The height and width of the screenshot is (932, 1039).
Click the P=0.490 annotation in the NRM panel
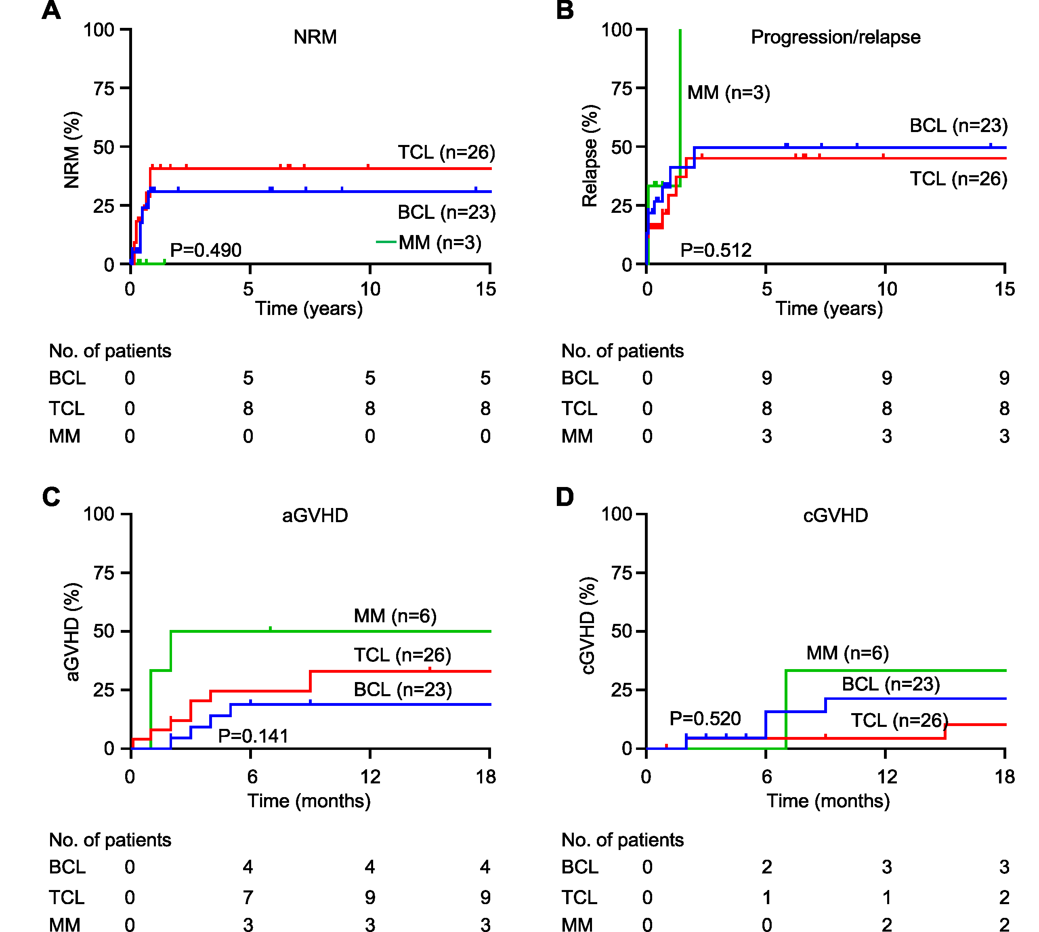tap(206, 250)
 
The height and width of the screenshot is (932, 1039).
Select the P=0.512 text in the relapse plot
tap(716, 250)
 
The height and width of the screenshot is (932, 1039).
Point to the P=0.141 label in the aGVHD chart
tap(253, 736)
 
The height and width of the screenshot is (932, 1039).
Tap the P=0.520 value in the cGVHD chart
tap(705, 718)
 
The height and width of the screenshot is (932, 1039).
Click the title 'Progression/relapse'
tap(835, 37)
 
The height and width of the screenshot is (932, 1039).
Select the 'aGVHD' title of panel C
tap(315, 515)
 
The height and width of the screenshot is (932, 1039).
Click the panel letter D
tap(565, 497)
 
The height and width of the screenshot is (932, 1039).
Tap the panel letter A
tap(51, 10)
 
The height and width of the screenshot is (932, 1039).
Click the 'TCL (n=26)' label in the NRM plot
tap(447, 152)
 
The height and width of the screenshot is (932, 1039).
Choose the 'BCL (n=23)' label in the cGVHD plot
tap(890, 684)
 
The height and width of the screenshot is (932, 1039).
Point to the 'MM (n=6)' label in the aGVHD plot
tap(395, 615)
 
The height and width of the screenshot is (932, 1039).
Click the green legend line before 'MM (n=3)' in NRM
tap(386, 242)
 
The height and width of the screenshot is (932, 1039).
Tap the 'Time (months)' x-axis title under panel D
tap(828, 800)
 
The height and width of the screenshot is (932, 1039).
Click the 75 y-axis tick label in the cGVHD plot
tap(621, 573)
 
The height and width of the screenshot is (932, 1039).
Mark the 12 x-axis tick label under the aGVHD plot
tap(370, 777)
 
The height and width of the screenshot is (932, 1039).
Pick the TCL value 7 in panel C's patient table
tap(248, 897)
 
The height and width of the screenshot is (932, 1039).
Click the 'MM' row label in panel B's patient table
tap(577, 436)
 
